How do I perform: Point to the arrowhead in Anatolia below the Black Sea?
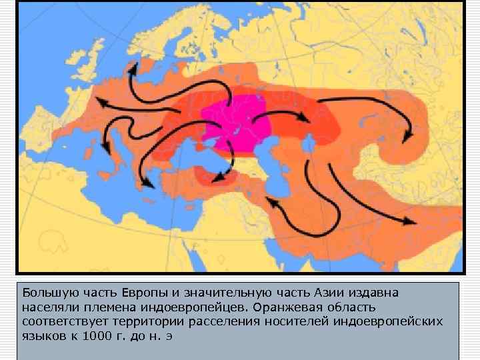[x=215, y=175]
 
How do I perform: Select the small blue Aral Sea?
[x=309, y=142]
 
